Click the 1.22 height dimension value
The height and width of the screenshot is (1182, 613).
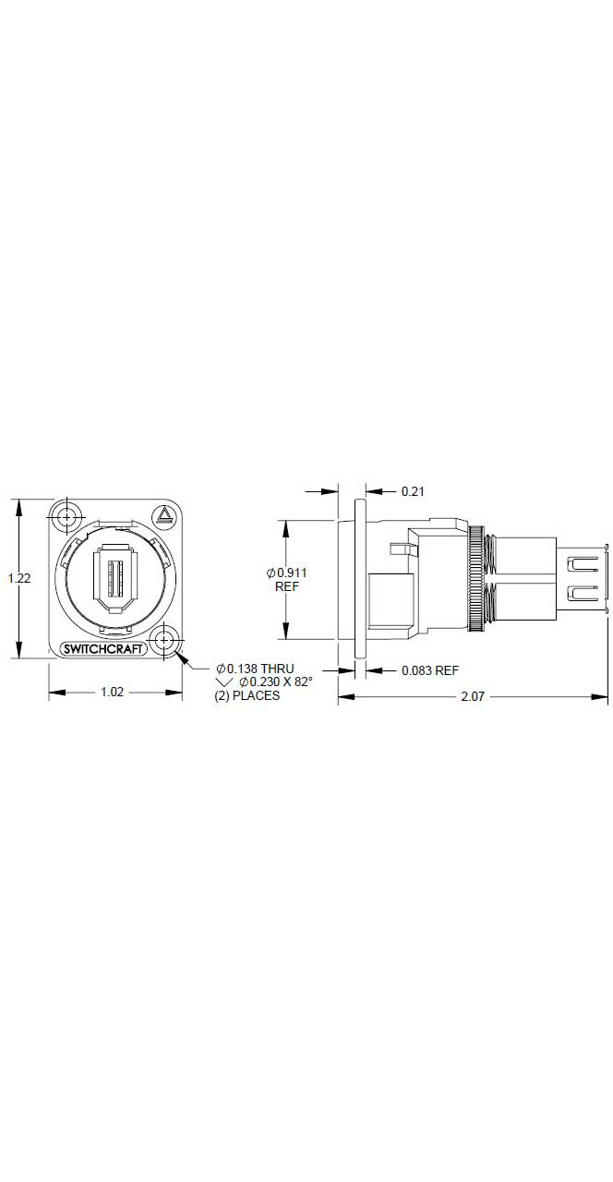click(x=19, y=578)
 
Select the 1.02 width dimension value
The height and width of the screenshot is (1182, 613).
click(x=112, y=692)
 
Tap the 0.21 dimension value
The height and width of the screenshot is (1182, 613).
click(x=413, y=491)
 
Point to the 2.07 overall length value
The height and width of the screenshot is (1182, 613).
click(x=473, y=696)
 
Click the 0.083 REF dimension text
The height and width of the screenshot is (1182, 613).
click(x=430, y=670)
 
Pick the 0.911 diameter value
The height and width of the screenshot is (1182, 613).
click(x=286, y=573)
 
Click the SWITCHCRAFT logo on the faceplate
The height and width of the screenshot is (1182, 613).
click(x=102, y=649)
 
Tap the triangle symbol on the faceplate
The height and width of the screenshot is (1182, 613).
click(x=165, y=515)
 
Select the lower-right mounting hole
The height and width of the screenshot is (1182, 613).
click(x=165, y=640)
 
